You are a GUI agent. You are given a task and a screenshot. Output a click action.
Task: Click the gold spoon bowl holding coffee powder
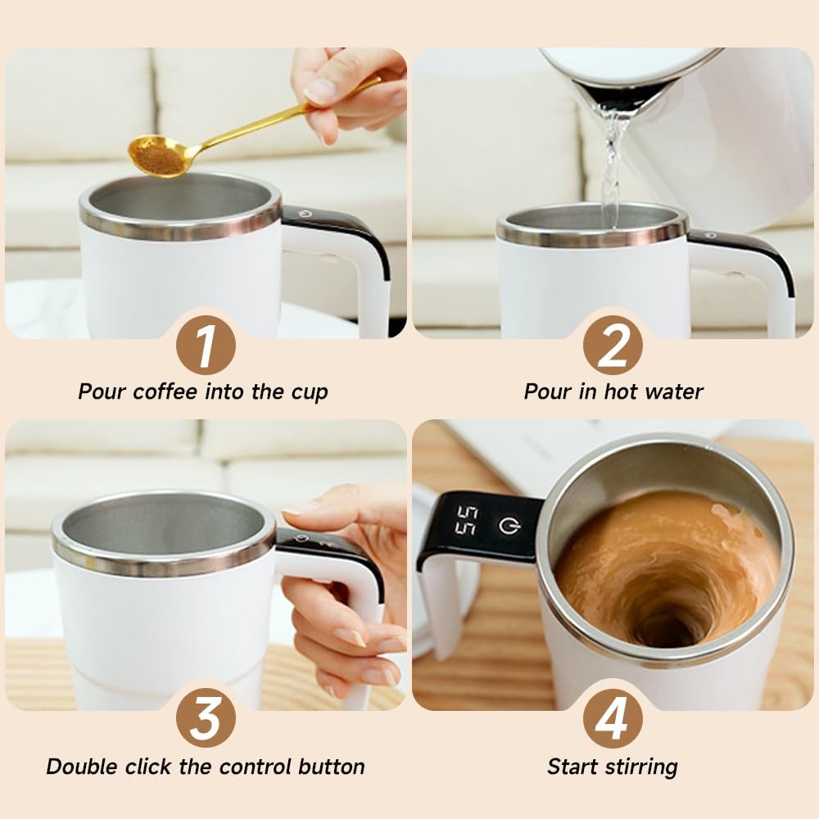click(x=158, y=156)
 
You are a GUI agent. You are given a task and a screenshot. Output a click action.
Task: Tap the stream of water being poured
click(x=611, y=164)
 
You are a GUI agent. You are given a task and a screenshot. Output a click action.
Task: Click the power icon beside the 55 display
click(x=509, y=525)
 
